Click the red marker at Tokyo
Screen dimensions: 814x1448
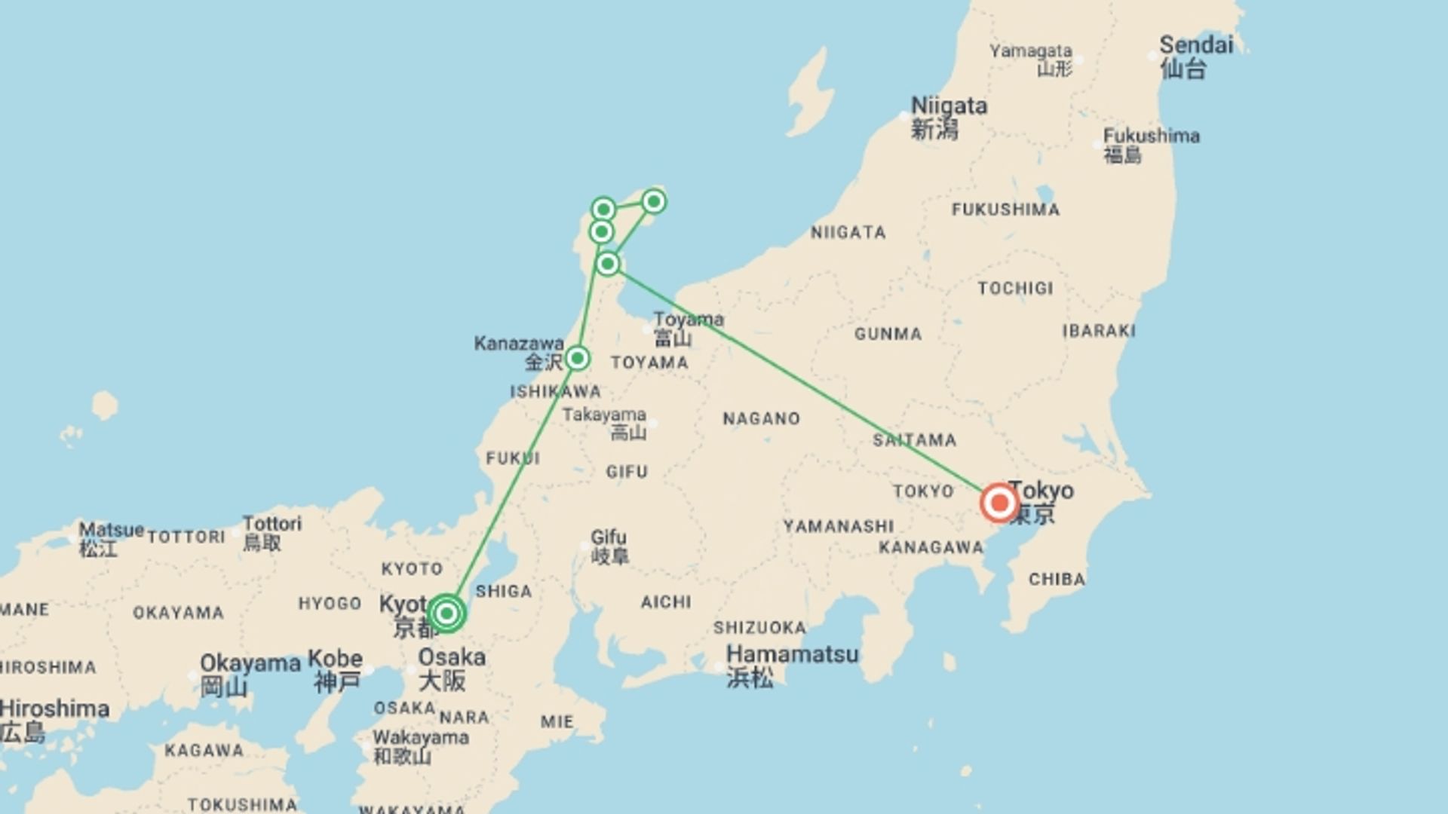pyautogui.click(x=999, y=503)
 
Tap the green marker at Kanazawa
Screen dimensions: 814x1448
pyautogui.click(x=577, y=357)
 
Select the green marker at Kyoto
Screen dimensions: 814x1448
pyautogui.click(x=446, y=613)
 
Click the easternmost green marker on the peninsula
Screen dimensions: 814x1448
pyautogui.click(x=654, y=201)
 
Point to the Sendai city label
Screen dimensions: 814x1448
pyautogui.click(x=1195, y=45)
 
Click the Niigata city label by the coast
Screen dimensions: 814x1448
pyautogui.click(x=949, y=106)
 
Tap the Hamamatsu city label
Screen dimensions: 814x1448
pyautogui.click(x=792, y=653)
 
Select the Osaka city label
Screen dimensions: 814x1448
pyautogui.click(x=451, y=657)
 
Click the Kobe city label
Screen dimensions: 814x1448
pyautogui.click(x=335, y=659)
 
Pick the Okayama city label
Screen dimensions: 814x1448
pyautogui.click(x=250, y=664)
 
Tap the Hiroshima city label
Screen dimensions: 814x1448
pyautogui.click(x=55, y=709)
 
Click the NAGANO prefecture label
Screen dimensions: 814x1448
pyautogui.click(x=761, y=419)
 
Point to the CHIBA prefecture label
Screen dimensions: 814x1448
pyautogui.click(x=1057, y=580)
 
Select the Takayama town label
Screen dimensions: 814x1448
pyautogui.click(x=604, y=415)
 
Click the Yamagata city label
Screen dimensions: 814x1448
pyautogui.click(x=1030, y=51)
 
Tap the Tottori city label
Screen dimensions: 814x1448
pyautogui.click(x=271, y=523)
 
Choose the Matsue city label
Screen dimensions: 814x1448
pyautogui.click(x=111, y=530)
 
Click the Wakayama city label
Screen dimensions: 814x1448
pyautogui.click(x=420, y=737)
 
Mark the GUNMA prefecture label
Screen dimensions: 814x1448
pyautogui.click(x=888, y=334)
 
